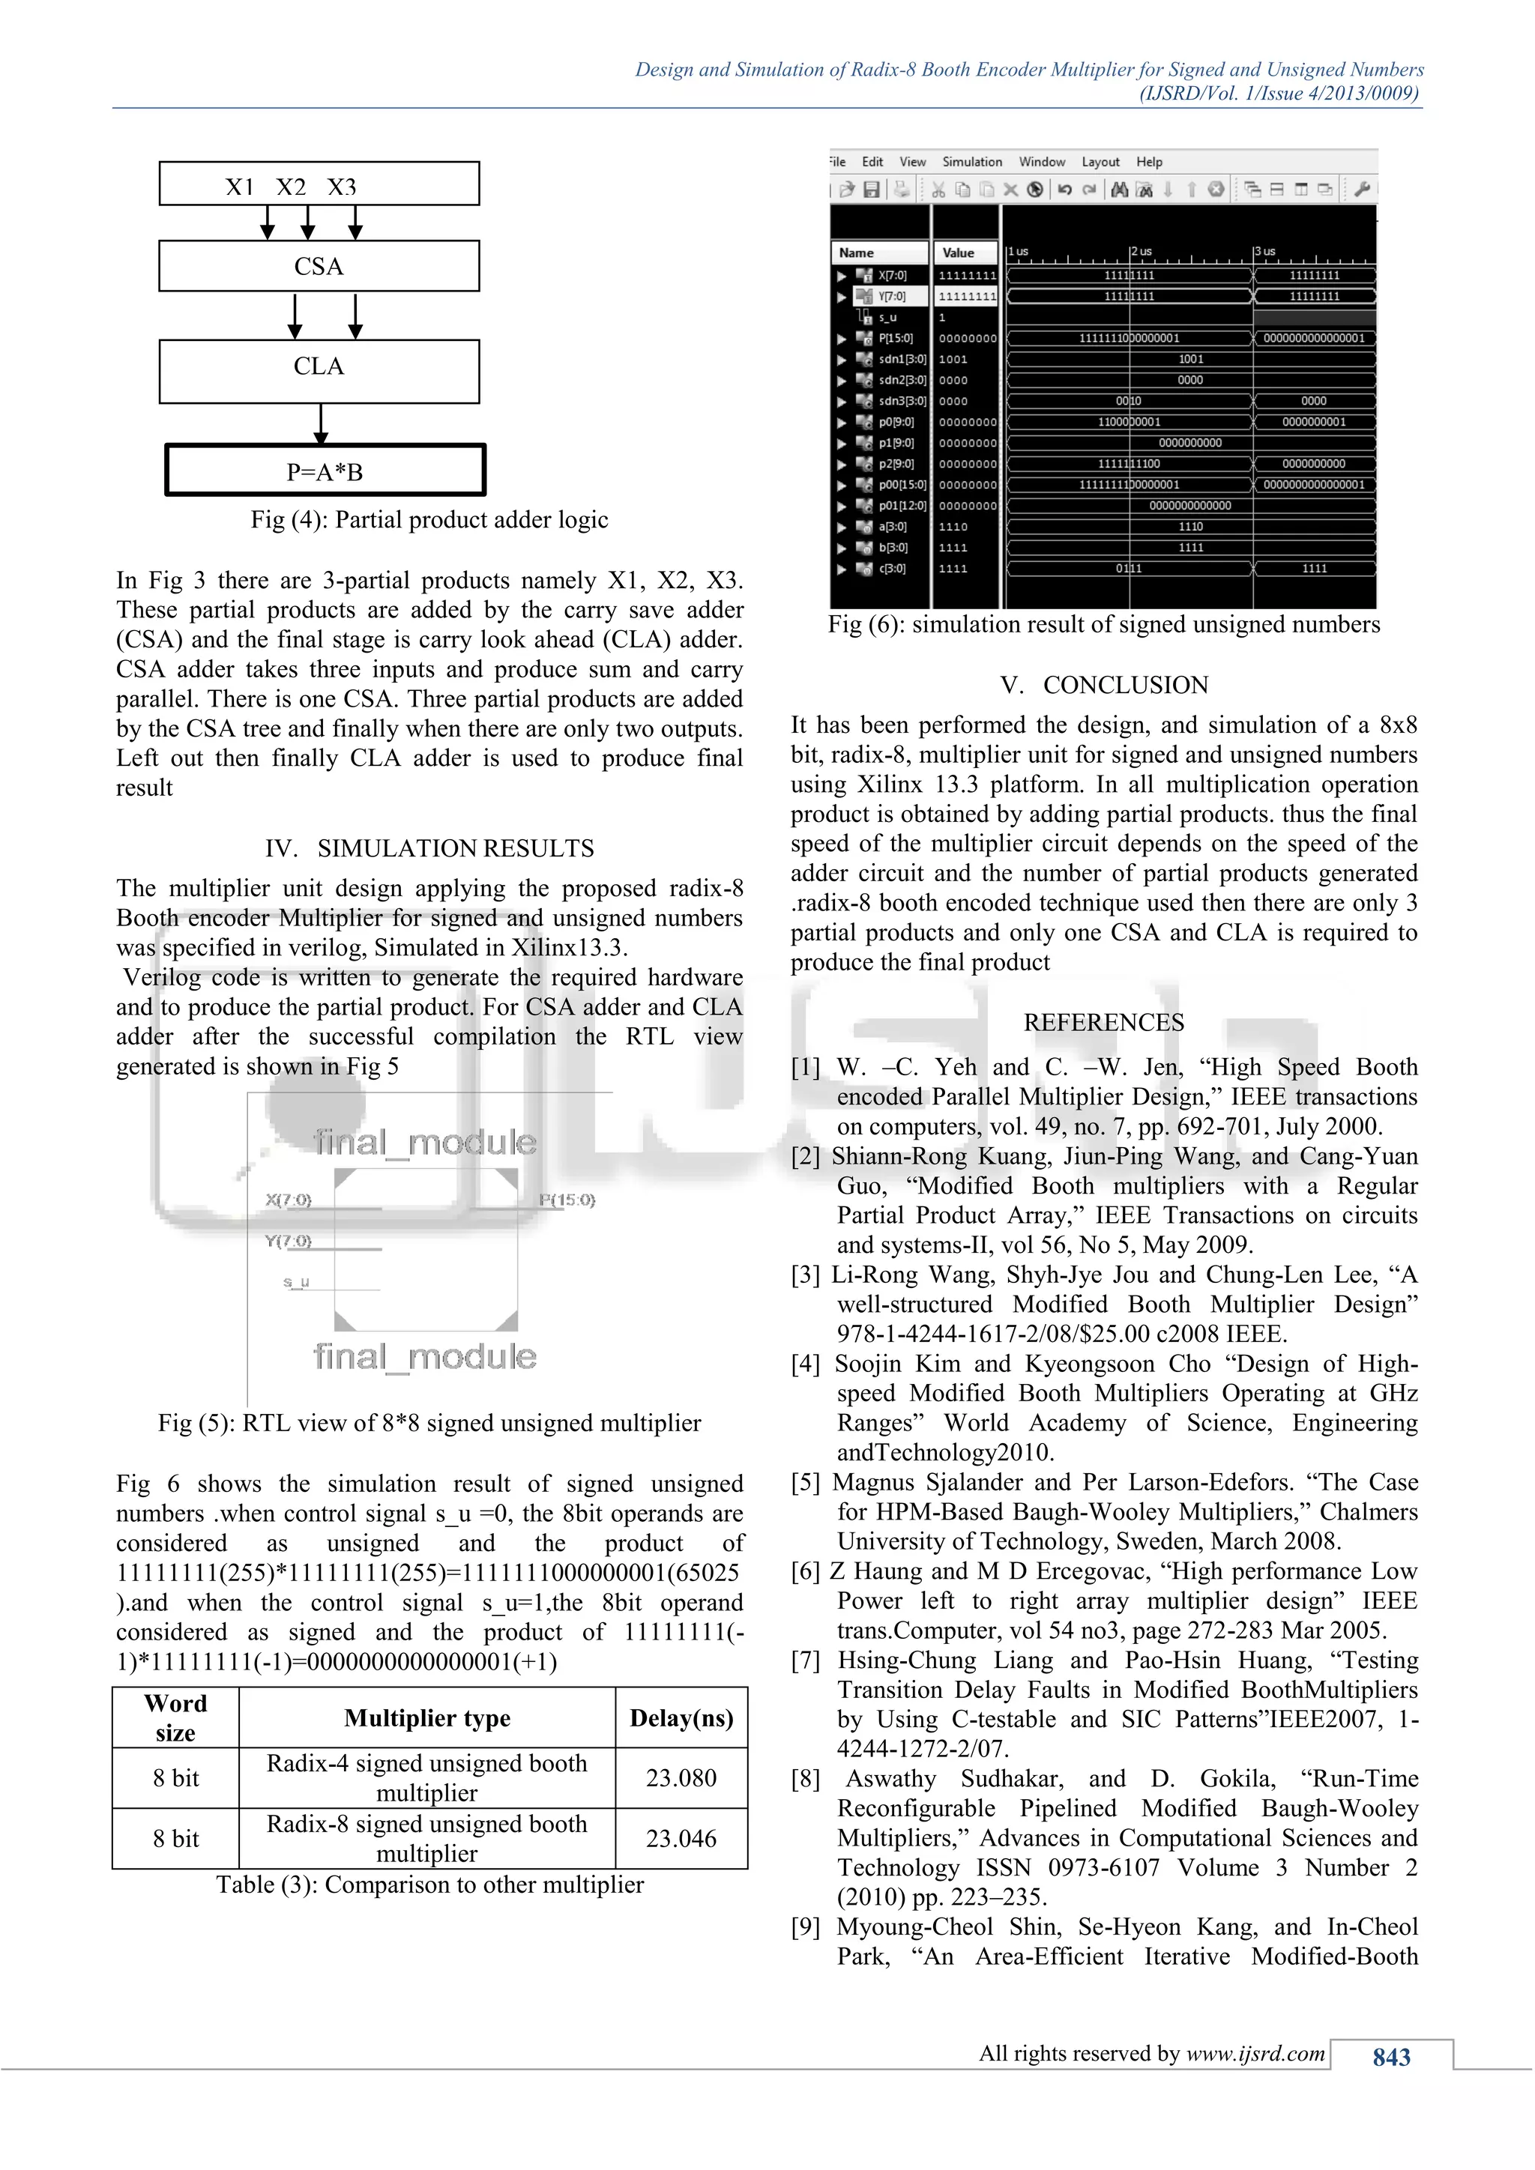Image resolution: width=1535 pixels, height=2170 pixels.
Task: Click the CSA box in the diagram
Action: [x=319, y=267]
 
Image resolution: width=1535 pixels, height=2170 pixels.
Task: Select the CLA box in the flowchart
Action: [x=319, y=366]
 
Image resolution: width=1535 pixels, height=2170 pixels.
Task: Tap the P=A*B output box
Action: [x=325, y=471]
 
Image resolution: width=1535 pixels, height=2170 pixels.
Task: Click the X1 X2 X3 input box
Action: [x=319, y=184]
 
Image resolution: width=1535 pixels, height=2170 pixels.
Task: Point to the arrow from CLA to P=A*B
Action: [x=322, y=424]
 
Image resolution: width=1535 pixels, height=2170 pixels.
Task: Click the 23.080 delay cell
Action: [x=681, y=1778]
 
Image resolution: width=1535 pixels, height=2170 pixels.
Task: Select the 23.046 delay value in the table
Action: [x=681, y=1838]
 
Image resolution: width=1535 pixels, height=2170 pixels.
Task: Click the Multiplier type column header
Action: [x=426, y=1717]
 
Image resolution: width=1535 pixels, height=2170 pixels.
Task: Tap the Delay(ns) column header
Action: [x=681, y=1717]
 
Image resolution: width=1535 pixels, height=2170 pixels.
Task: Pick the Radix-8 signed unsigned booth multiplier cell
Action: [x=426, y=1838]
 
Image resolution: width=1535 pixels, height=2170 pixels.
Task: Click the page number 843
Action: [x=1390, y=2057]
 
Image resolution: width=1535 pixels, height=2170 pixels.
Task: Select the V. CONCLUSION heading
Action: [x=1104, y=684]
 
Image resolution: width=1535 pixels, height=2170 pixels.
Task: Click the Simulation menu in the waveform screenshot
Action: [x=971, y=162]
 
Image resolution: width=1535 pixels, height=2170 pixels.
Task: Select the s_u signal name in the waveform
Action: [x=887, y=318]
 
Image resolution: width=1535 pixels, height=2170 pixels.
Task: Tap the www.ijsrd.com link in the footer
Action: [x=1255, y=2053]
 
